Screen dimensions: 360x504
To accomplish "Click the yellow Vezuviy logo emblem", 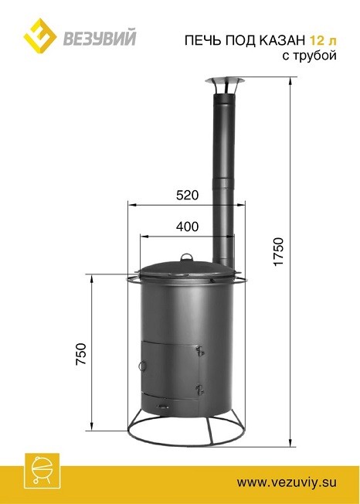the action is point(40,36).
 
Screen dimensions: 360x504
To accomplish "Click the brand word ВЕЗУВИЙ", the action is point(99,38).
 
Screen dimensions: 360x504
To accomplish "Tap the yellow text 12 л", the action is point(323,40).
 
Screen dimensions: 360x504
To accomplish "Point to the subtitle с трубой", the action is point(310,56).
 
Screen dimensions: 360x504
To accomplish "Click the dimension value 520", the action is point(187,195).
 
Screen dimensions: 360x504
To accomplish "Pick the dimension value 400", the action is point(187,227).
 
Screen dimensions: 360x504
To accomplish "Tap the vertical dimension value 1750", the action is point(279,251).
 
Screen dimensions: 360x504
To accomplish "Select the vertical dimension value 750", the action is point(81,354).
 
